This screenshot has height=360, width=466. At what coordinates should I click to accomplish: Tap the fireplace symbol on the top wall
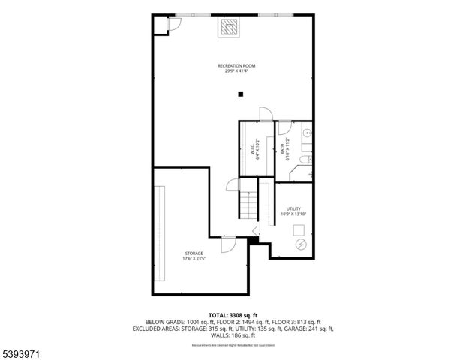(230, 27)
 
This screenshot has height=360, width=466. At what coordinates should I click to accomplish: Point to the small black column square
(241, 94)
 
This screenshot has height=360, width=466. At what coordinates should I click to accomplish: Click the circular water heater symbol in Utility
(301, 244)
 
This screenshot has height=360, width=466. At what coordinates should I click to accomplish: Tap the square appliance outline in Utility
(299, 231)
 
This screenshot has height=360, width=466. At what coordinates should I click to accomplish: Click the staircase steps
(247, 204)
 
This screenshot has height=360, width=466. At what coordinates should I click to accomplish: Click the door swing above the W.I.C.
(264, 113)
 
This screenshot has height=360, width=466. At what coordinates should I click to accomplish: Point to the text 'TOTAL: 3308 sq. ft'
(233, 315)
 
